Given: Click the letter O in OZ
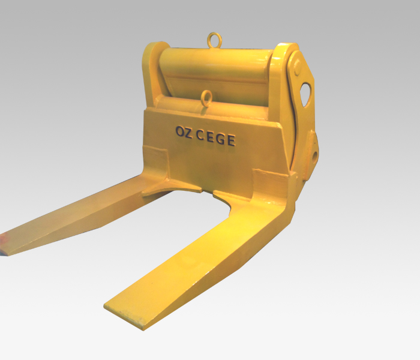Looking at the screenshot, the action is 180,133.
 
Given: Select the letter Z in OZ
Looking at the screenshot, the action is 188,133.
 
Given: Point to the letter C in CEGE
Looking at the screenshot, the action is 200,136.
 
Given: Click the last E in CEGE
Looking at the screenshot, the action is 231,140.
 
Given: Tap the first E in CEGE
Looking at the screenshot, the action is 211,137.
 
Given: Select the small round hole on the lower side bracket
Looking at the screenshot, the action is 314,155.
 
